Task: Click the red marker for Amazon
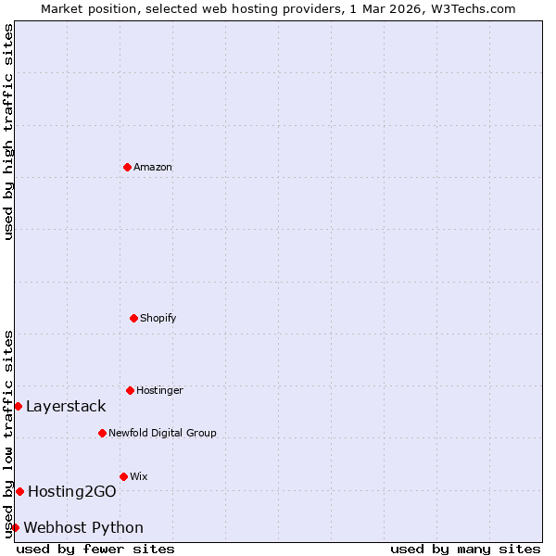click(127, 167)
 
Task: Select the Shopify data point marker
click(133, 318)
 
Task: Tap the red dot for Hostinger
click(130, 390)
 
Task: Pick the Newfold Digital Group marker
click(102, 433)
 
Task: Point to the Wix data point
click(123, 476)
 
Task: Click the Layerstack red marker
click(18, 406)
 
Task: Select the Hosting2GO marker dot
click(19, 491)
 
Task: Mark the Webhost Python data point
click(15, 527)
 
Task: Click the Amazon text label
click(153, 167)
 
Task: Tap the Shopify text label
click(158, 318)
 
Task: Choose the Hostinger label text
click(159, 390)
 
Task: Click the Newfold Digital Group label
click(162, 433)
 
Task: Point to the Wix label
click(139, 476)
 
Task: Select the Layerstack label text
click(66, 406)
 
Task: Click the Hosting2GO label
click(71, 491)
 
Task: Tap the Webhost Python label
click(83, 527)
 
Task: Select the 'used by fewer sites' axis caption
click(95, 549)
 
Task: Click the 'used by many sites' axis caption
click(465, 549)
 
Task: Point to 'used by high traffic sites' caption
click(8, 132)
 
